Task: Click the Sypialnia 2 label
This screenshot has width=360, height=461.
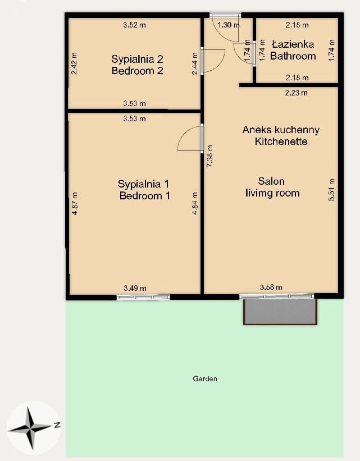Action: [x=137, y=59]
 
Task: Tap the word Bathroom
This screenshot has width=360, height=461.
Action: [x=293, y=56]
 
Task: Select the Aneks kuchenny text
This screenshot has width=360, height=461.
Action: [x=281, y=130]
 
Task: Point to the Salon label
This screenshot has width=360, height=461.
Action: [x=271, y=181]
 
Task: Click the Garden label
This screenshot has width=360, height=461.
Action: [x=205, y=378]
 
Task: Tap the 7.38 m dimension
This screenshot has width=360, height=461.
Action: [x=210, y=156]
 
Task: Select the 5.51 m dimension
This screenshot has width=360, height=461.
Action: [x=331, y=190]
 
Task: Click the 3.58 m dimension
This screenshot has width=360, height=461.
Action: [x=271, y=287]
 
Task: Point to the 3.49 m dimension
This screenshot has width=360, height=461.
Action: [x=135, y=288]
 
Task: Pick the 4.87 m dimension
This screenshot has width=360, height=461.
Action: [x=75, y=203]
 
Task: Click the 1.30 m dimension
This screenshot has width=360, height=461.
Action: [x=229, y=25]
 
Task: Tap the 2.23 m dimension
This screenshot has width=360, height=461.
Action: [x=296, y=93]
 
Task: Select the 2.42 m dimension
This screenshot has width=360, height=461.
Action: [x=74, y=63]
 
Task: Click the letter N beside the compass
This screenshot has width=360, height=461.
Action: [x=57, y=425]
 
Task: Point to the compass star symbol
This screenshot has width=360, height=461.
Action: [x=30, y=428]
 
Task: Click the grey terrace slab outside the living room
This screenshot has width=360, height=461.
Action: [x=280, y=312]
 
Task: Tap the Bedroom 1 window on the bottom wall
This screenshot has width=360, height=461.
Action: [x=143, y=297]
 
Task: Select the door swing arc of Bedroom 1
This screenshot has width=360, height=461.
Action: [x=185, y=134]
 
